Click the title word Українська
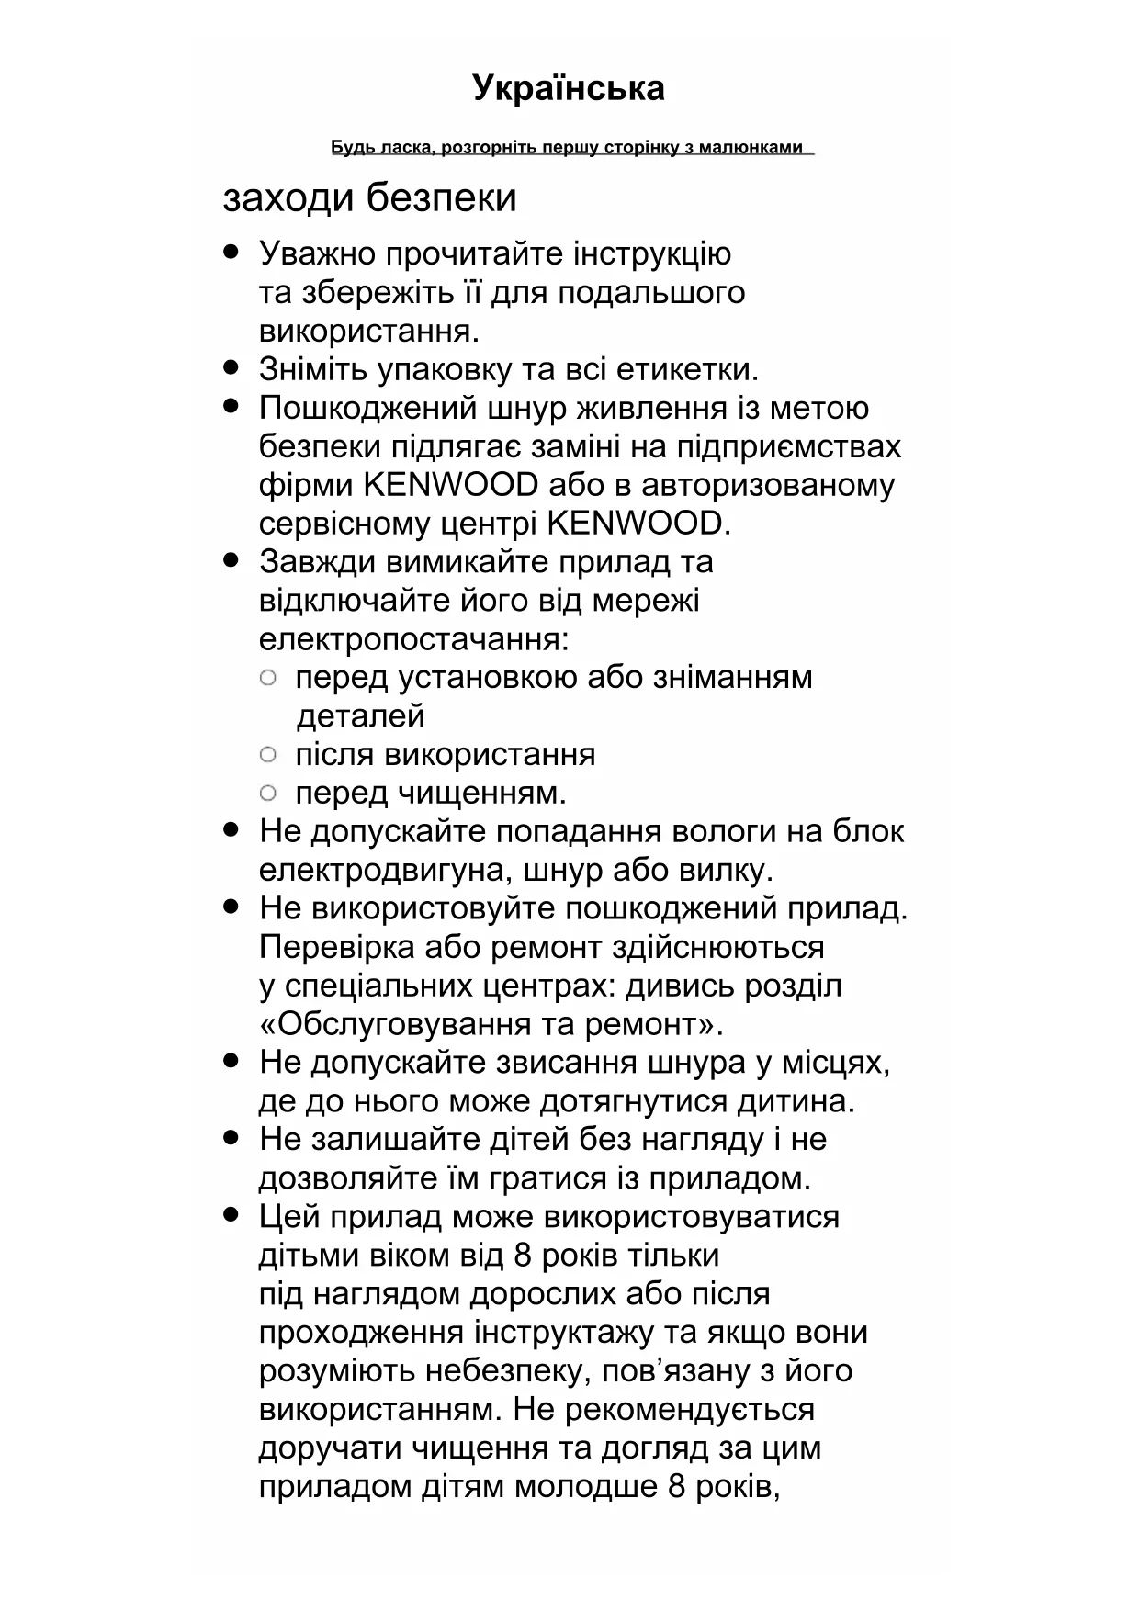tap(569, 88)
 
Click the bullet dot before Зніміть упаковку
tap(231, 367)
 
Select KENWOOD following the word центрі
tap(638, 524)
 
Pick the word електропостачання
tap(413, 639)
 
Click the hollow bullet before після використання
tap(268, 755)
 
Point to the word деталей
tap(360, 716)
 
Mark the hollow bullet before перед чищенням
tap(268, 793)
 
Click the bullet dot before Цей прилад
tap(231, 1215)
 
